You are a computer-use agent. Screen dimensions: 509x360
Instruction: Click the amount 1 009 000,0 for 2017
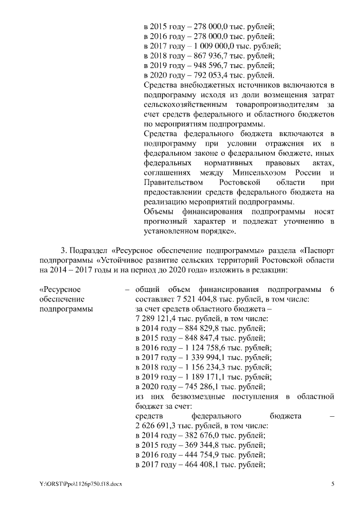click(x=210, y=46)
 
